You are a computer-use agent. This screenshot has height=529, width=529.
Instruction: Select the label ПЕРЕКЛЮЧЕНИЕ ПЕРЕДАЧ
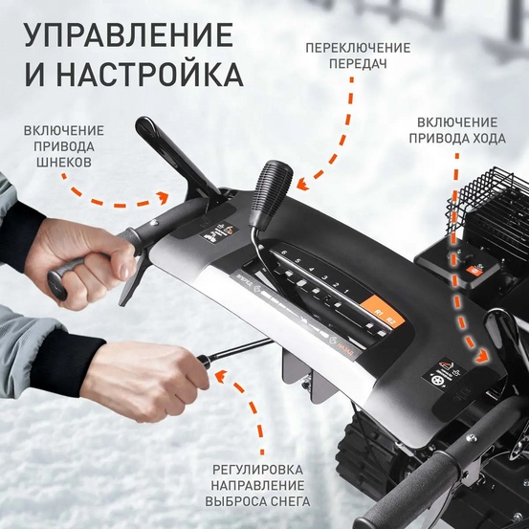[357, 56]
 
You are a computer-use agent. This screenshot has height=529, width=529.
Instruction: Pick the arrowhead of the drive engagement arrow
[479, 355]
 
